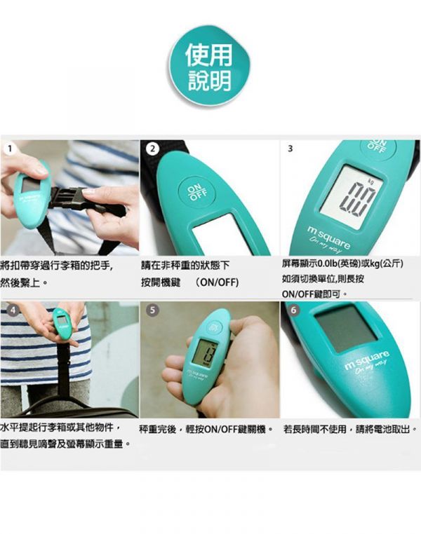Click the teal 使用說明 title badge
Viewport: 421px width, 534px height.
(209, 69)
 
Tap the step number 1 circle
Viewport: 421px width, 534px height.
(8, 149)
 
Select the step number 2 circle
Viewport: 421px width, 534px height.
(151, 149)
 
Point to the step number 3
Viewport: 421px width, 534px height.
(290, 149)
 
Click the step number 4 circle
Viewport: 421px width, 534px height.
(11, 309)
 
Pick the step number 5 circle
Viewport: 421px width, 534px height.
(153, 309)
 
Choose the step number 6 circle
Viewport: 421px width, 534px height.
(293, 309)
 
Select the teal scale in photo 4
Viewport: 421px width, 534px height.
(62, 327)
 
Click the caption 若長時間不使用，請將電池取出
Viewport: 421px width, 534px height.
(351, 428)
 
